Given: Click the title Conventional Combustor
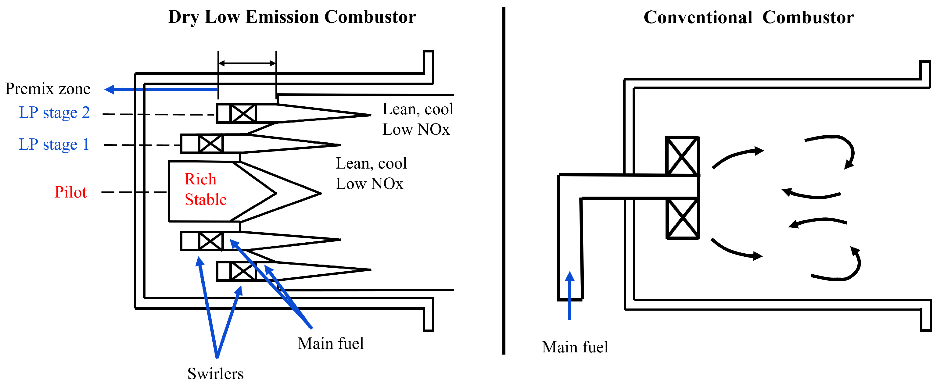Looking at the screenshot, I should (x=749, y=17).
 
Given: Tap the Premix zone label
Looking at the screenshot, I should (x=48, y=89).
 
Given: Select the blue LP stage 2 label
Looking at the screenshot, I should (x=54, y=113).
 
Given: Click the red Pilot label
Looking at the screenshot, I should (x=70, y=192).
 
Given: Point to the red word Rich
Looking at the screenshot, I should (x=200, y=179).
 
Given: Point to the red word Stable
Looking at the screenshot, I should (x=206, y=200).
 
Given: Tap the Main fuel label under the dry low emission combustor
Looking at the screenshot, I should (x=330, y=344).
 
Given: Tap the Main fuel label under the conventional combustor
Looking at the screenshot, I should (x=575, y=347).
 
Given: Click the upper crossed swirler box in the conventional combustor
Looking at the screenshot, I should (x=682, y=156).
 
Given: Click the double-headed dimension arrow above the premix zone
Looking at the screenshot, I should (x=247, y=64).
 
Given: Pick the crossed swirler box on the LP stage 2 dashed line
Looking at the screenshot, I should (x=243, y=113).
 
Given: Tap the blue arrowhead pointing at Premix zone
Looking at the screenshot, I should (x=109, y=89).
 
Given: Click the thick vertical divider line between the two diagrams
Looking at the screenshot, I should (x=504, y=182).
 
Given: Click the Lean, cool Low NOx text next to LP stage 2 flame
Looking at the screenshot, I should (x=418, y=119).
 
